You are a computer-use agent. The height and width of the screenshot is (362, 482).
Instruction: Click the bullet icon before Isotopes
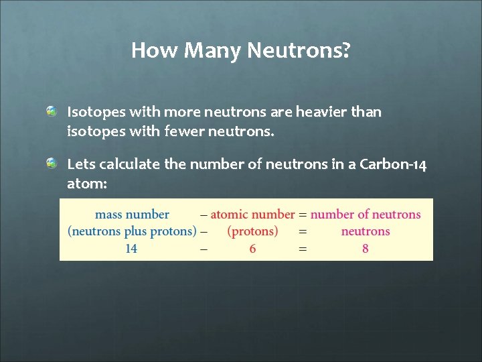[x=52, y=111]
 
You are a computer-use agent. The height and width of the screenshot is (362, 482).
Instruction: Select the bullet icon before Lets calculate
[x=52, y=164]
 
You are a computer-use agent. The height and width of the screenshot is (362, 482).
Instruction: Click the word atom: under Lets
[x=87, y=184]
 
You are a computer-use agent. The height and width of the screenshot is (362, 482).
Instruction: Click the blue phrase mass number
[x=132, y=215]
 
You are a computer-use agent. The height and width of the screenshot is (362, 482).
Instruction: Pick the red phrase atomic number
[x=252, y=215]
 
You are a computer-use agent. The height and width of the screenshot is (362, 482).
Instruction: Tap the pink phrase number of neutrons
[x=366, y=215]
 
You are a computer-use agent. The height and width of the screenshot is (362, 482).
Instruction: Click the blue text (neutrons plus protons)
[x=132, y=231]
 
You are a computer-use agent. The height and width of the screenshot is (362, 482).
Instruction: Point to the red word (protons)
[x=252, y=231]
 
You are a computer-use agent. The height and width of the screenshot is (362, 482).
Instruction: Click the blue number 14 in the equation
[x=131, y=249]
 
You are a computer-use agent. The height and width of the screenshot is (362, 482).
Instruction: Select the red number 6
[x=252, y=249]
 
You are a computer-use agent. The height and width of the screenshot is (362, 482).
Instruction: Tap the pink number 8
[x=365, y=249]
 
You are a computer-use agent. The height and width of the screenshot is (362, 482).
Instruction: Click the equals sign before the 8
[x=303, y=249]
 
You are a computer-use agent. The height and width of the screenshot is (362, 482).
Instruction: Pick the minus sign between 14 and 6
[x=204, y=249]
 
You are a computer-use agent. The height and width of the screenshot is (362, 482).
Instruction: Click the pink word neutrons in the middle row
[x=365, y=231]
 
